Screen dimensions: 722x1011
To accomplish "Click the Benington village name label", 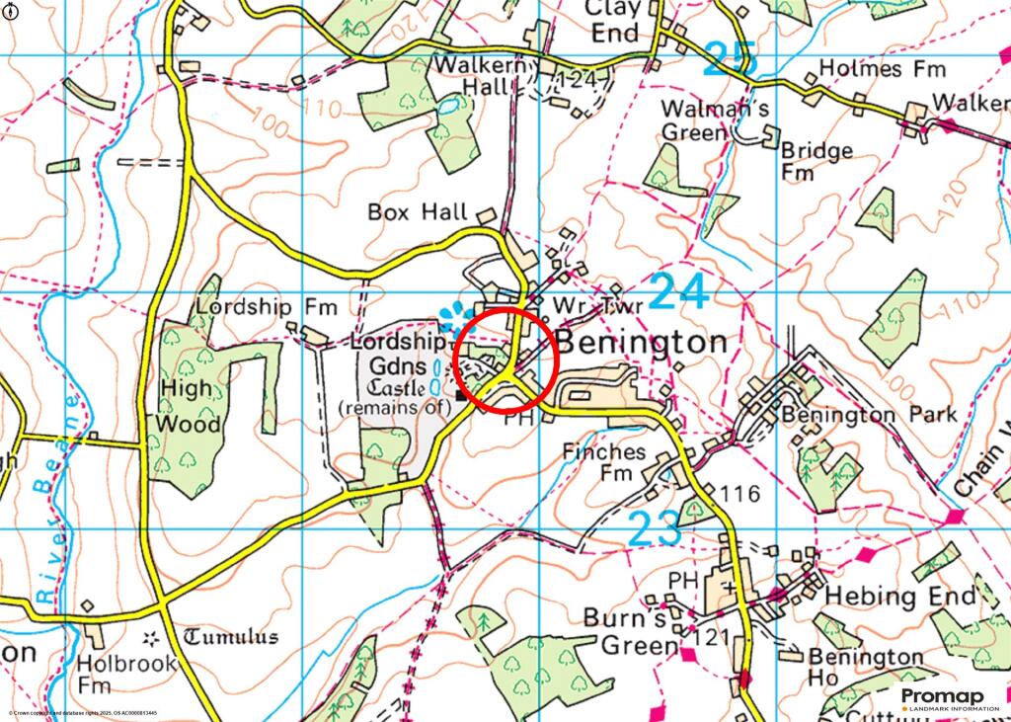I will pos(643,343).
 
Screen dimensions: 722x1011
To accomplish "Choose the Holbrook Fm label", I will pos(126,674).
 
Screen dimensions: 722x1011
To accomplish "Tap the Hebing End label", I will pos(899,596).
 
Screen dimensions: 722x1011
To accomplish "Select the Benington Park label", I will pos(869,414).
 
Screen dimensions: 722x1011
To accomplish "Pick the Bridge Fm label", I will pos(816,161).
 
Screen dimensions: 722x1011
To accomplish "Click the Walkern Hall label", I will pos(484,75).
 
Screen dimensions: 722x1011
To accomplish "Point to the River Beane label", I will pos(54,500).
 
